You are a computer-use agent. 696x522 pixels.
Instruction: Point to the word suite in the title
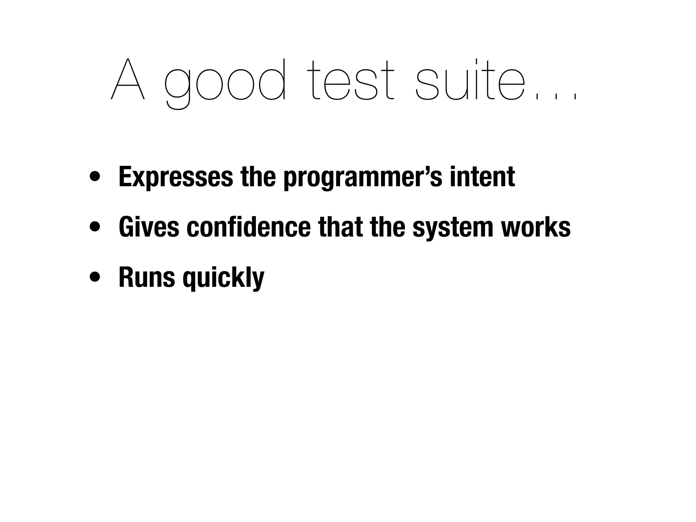[x=471, y=80]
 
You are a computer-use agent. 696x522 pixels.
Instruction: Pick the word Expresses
[x=176, y=177]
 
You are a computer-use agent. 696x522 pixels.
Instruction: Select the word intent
[x=482, y=177]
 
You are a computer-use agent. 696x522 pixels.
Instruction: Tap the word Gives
[x=149, y=227]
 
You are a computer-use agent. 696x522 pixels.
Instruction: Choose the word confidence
[x=248, y=227]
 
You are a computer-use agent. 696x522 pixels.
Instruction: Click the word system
[x=453, y=228]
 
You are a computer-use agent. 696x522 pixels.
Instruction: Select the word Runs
[x=146, y=277]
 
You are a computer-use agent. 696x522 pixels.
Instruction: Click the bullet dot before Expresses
[x=95, y=177]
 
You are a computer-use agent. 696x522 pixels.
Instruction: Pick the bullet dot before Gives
[x=95, y=227]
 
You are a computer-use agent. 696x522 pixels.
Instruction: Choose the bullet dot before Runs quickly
[x=95, y=277]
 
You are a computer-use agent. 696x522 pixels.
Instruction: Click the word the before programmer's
[x=258, y=177]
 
